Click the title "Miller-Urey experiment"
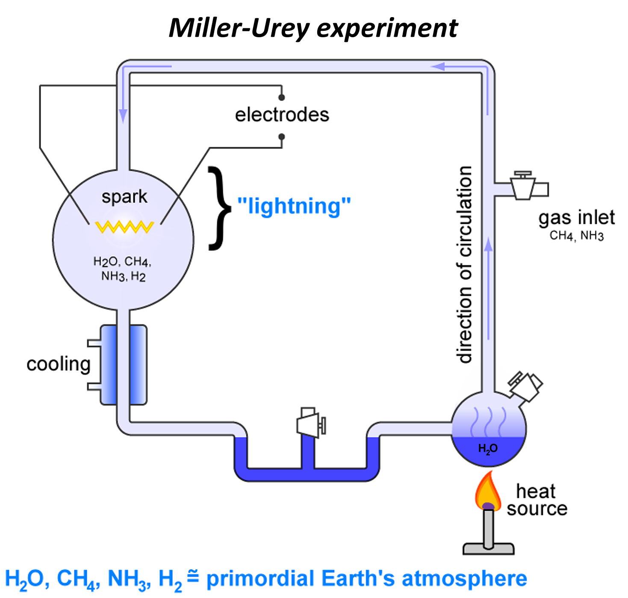click(x=313, y=28)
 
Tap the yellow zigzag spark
click(x=124, y=227)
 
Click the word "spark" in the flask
click(x=124, y=197)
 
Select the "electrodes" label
click(x=282, y=115)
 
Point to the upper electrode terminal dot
click(x=281, y=98)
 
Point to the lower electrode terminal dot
click(x=281, y=137)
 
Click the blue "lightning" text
click(x=294, y=206)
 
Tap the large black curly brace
click(x=220, y=208)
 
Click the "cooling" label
click(x=59, y=364)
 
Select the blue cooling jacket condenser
click(x=123, y=365)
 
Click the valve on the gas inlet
click(x=523, y=186)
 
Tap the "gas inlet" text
click(x=576, y=217)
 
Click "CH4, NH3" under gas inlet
click(x=576, y=236)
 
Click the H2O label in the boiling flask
click(x=488, y=448)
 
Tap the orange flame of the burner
click(x=488, y=492)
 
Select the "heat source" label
click(x=537, y=500)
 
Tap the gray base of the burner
click(x=488, y=548)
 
